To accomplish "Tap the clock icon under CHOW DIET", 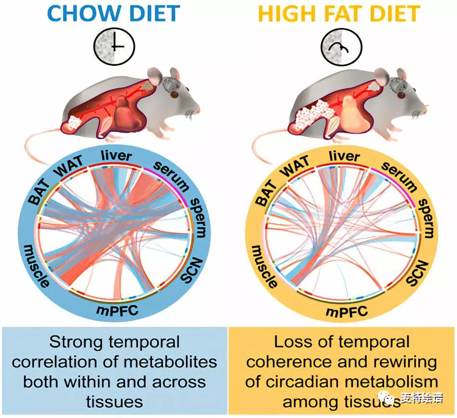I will click(115, 46).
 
